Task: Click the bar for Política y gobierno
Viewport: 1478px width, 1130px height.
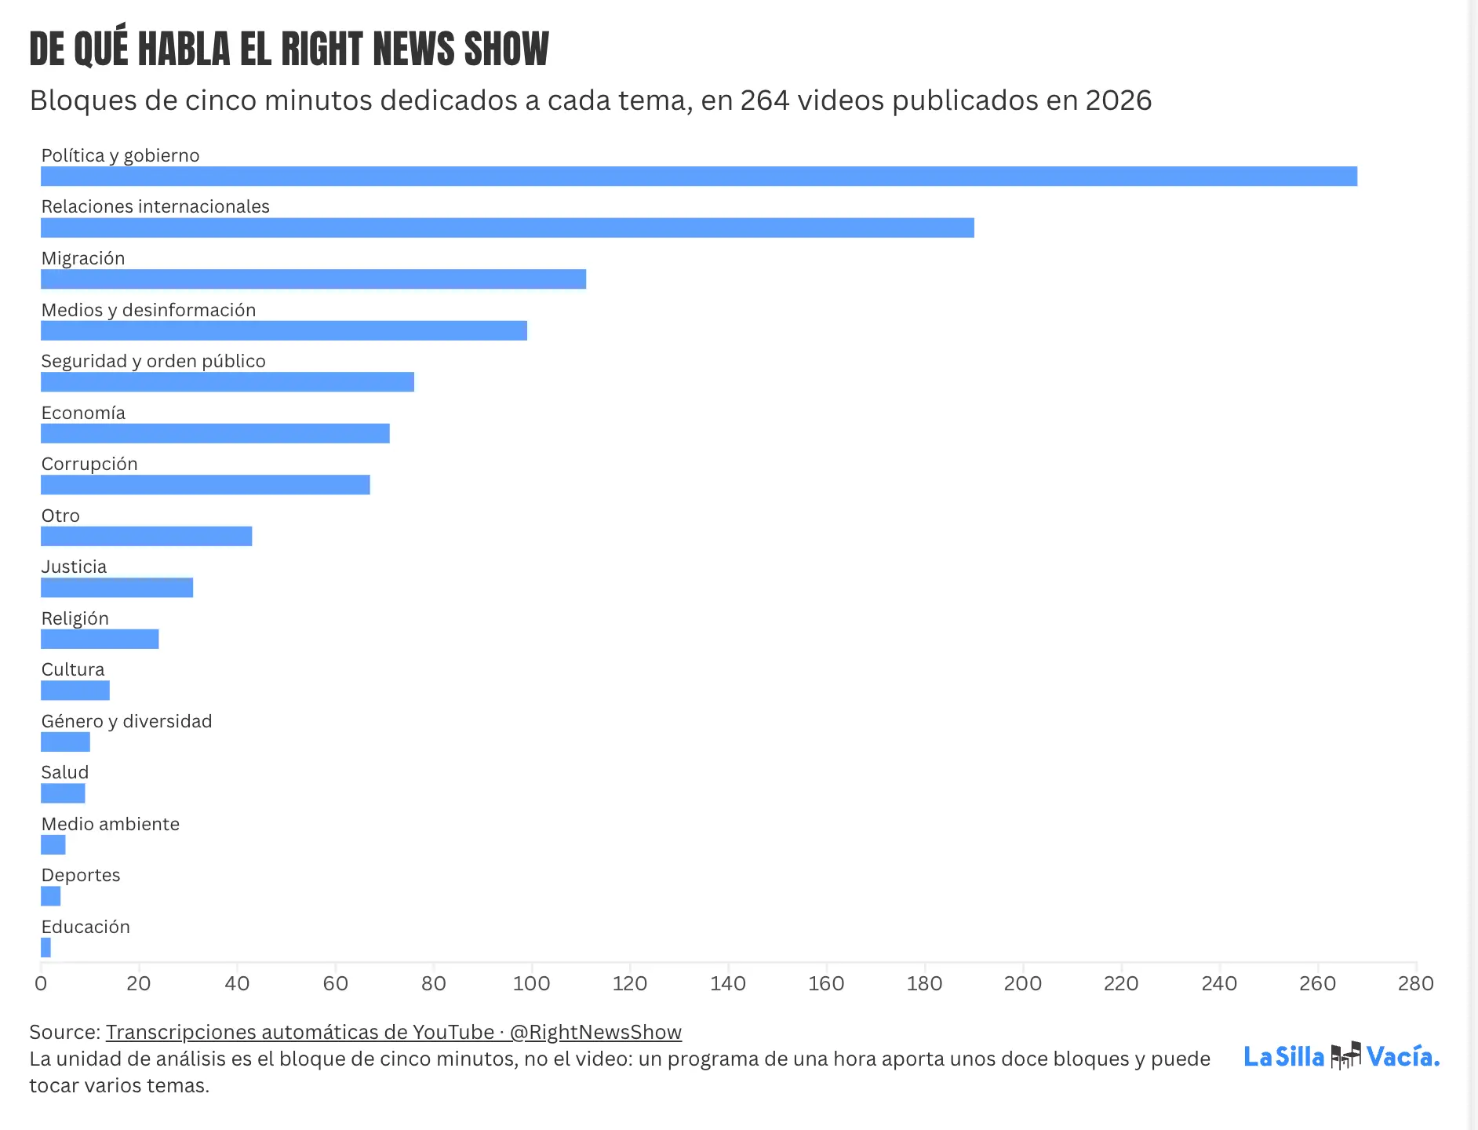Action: (699, 177)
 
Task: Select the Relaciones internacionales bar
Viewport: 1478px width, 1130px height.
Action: (508, 228)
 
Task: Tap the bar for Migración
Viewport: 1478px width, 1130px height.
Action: (314, 279)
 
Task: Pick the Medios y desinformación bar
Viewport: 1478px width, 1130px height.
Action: (284, 330)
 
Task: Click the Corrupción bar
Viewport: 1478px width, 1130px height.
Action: (206, 485)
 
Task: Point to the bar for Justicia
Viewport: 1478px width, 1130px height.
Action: (117, 588)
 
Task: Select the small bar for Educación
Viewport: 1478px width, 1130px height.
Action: (46, 948)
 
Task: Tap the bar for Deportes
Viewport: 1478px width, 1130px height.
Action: (51, 896)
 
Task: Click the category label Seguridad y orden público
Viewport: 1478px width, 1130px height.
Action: (154, 361)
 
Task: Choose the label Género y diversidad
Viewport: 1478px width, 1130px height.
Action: (127, 721)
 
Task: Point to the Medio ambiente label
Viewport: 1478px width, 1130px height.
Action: (111, 824)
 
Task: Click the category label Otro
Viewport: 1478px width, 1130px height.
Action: (60, 516)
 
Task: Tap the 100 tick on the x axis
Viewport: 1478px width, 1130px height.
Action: (532, 983)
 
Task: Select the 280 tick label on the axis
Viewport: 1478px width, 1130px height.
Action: (1416, 983)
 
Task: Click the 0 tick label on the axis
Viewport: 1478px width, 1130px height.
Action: (41, 983)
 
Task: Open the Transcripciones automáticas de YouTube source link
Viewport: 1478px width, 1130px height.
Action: (394, 1032)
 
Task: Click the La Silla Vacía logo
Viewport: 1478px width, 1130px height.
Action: (1342, 1056)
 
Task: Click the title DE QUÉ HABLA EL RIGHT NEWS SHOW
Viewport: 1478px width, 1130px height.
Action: (289, 48)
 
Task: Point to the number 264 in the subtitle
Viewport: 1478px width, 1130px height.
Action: (765, 100)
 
